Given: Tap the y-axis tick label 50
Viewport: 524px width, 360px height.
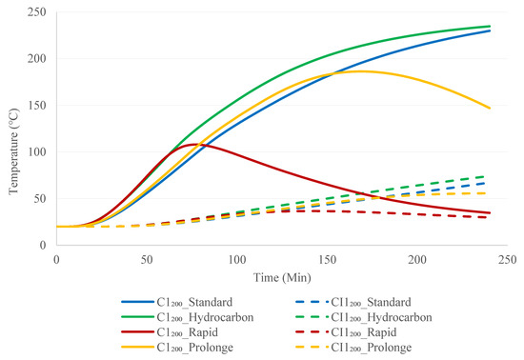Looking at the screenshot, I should [x=37, y=198].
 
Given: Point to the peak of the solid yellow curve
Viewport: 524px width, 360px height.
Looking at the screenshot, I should [x=361, y=70].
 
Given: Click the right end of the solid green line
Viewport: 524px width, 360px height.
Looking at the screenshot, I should [x=490, y=26].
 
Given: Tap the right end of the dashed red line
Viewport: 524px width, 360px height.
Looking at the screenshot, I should [x=490, y=217].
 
